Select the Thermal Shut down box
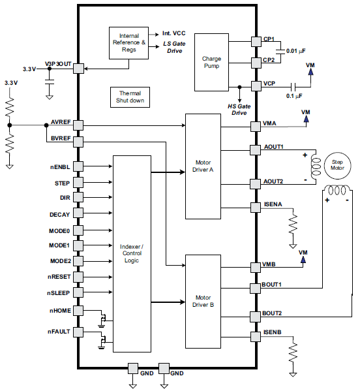[x=130, y=97]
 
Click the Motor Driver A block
[x=203, y=166]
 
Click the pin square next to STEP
[x=78, y=183]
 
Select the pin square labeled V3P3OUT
[x=78, y=68]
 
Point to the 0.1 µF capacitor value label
[x=294, y=96]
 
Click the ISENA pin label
[x=273, y=204]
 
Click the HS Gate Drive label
[x=239, y=109]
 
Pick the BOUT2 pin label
[x=273, y=313]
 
